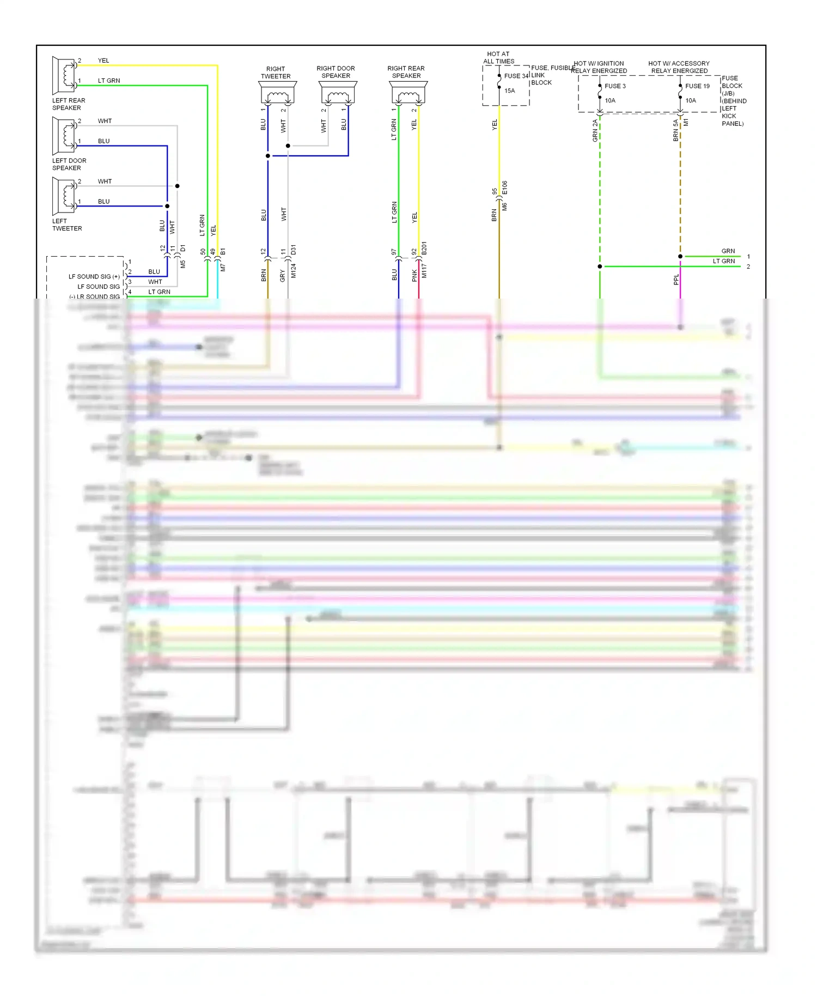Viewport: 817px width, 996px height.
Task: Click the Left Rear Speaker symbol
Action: click(x=64, y=75)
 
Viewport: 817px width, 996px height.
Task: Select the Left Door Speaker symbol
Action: click(x=64, y=136)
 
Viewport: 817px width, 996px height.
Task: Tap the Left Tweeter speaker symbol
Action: click(x=64, y=196)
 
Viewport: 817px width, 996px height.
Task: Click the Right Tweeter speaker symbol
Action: click(x=277, y=93)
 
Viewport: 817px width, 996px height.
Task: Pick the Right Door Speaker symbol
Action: click(x=338, y=93)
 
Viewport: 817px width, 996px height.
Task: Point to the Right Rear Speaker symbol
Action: click(x=408, y=93)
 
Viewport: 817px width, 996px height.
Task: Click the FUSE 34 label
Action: click(x=516, y=76)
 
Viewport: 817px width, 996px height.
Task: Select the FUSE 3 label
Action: click(x=615, y=86)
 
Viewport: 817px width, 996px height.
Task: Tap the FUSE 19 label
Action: click(x=697, y=86)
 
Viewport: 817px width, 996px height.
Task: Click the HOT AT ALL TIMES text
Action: click(x=498, y=58)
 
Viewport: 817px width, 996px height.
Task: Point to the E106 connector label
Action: click(x=505, y=188)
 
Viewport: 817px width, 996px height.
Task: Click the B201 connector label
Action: click(x=424, y=248)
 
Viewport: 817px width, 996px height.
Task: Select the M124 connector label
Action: click(x=293, y=271)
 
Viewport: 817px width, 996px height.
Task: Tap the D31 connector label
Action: click(x=293, y=250)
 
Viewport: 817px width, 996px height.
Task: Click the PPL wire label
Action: click(x=676, y=280)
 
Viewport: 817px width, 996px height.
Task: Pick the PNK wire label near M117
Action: click(x=414, y=275)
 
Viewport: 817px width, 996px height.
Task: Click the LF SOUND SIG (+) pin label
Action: click(x=94, y=277)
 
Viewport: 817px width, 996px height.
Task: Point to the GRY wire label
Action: click(x=283, y=276)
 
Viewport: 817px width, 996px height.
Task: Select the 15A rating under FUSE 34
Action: click(x=509, y=91)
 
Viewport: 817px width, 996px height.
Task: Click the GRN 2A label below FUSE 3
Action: click(x=595, y=131)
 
